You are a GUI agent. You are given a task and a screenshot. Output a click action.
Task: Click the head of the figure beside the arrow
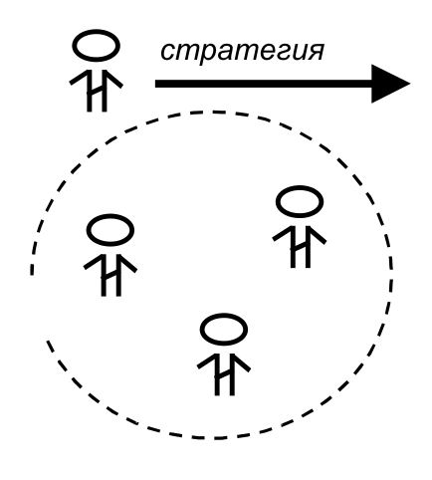click(96, 46)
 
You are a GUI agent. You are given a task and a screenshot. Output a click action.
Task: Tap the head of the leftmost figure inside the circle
click(110, 230)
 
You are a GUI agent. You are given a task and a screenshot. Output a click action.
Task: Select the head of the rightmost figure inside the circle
click(300, 201)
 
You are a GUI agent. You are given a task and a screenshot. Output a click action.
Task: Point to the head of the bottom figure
click(224, 330)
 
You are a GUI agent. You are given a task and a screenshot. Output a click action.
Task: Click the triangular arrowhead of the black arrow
click(390, 84)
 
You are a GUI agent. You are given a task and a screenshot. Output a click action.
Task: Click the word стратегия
click(242, 52)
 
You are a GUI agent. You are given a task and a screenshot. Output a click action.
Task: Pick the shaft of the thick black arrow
click(264, 84)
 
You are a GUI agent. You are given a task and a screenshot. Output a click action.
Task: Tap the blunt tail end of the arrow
click(156, 84)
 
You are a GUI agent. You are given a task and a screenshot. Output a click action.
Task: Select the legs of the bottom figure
click(226, 375)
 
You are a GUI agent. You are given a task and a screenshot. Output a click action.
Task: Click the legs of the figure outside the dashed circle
click(97, 91)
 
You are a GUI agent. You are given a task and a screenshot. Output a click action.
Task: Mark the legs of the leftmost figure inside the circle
click(111, 276)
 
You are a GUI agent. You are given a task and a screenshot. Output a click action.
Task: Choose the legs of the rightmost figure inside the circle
click(301, 247)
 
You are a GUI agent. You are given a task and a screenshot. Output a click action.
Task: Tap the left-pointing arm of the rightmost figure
click(282, 234)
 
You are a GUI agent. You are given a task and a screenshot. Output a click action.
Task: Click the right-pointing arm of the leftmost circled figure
click(127, 264)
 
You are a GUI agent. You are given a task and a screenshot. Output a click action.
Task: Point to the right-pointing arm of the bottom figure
click(241, 362)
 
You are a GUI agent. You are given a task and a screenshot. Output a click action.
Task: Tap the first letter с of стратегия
click(168, 52)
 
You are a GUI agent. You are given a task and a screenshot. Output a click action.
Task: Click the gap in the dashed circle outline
click(37, 308)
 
